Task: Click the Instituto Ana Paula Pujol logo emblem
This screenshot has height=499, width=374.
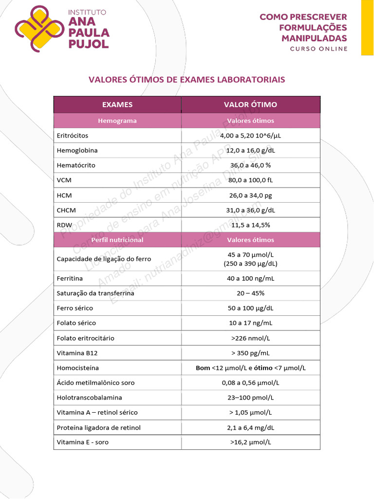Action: (39, 28)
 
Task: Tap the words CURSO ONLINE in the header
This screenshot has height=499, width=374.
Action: (319, 49)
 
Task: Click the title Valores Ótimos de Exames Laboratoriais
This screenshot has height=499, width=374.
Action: (187, 79)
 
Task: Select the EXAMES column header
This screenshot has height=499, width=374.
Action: (117, 105)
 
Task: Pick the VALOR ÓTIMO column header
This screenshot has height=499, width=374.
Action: (250, 105)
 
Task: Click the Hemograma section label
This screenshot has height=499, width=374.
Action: (117, 121)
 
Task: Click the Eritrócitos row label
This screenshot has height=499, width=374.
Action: (73, 135)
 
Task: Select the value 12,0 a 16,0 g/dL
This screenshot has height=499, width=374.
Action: (250, 151)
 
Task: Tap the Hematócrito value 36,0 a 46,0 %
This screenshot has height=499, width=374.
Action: (250, 165)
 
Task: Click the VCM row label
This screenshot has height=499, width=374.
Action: (64, 180)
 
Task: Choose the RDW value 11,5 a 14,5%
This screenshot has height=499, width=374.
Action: (250, 225)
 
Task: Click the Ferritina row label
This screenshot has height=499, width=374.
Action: (70, 278)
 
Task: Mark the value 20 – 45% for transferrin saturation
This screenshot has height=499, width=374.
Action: (250, 293)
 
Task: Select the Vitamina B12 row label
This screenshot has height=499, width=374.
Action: (74, 353)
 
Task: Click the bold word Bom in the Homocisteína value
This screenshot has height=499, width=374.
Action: (203, 368)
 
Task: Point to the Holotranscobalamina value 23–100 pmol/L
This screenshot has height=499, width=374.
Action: (250, 398)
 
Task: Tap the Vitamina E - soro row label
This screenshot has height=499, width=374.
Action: (83, 442)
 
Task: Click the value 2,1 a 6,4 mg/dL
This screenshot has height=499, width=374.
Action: (250, 427)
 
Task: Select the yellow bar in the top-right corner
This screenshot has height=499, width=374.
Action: (367, 27)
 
